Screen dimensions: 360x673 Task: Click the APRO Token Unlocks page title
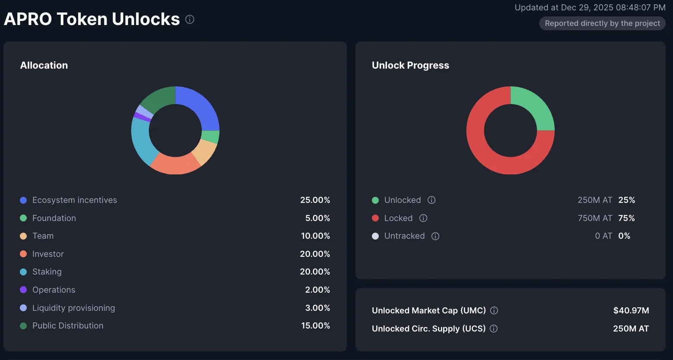point(91,19)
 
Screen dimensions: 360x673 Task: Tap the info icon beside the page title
point(190,19)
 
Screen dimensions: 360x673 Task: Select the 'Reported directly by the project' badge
point(602,23)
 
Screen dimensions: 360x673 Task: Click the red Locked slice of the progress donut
point(483,147)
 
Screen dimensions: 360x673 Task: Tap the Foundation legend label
point(54,218)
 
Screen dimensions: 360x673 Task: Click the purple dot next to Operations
point(23,290)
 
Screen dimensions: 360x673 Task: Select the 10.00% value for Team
point(315,236)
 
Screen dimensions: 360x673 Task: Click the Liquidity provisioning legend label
point(74,308)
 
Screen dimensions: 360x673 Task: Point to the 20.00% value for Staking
point(315,272)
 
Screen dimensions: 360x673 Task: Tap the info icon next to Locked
point(423,218)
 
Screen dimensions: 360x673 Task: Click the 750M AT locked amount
point(595,218)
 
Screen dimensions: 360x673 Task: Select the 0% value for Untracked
point(624,236)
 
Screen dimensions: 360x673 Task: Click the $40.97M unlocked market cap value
point(631,310)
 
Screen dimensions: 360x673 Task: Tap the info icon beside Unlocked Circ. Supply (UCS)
point(494,328)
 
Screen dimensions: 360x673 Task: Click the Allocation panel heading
point(44,65)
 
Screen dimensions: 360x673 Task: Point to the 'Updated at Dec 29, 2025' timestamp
point(590,7)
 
